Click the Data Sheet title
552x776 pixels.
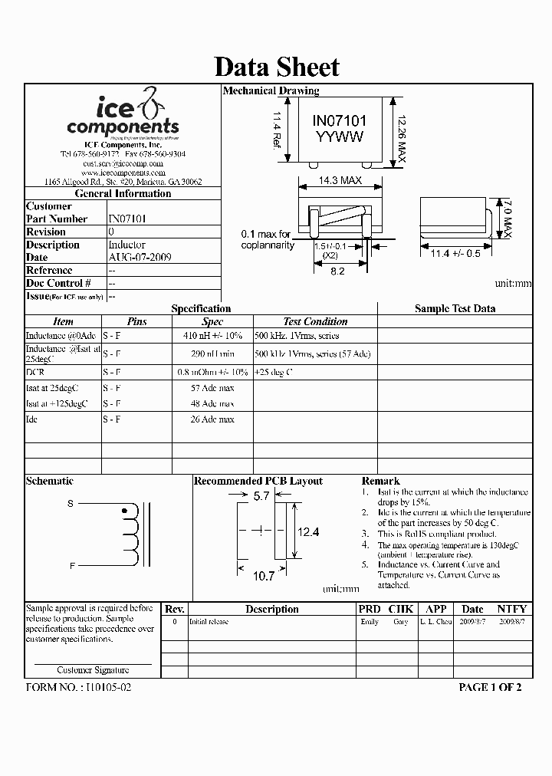[x=276, y=67]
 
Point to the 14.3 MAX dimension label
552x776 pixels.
[x=339, y=182]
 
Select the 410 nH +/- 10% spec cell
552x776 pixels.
[x=212, y=336]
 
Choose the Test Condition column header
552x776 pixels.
[x=315, y=322]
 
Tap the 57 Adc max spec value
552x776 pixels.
[x=212, y=388]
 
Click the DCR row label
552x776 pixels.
[x=35, y=372]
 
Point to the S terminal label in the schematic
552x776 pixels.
[x=71, y=504]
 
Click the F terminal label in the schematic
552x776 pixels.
[x=72, y=565]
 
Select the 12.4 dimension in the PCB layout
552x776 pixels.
[x=308, y=531]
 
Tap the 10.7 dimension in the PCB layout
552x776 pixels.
[x=264, y=574]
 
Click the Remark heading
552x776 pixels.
[x=380, y=481]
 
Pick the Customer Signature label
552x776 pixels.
[x=93, y=670]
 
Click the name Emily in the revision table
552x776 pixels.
[x=370, y=622]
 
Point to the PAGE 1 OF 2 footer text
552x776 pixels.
[x=490, y=687]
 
